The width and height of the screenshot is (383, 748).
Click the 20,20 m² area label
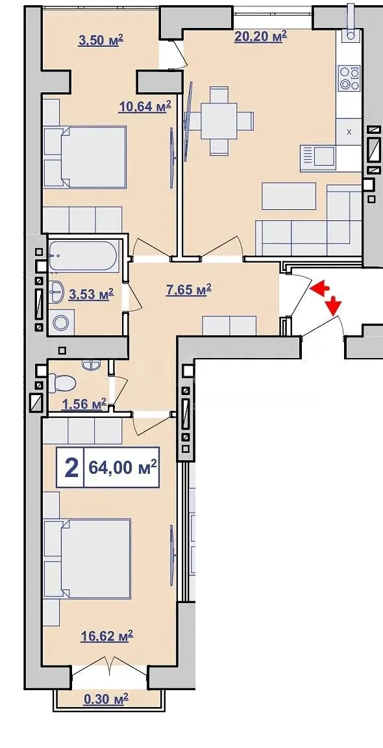pyautogui.click(x=260, y=37)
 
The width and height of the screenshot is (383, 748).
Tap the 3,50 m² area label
pyautogui.click(x=101, y=40)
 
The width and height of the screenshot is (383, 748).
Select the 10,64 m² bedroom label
pyautogui.click(x=145, y=107)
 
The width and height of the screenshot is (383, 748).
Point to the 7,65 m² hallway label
pyautogui.click(x=189, y=289)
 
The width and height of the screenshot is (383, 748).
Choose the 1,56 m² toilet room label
pyautogui.click(x=84, y=404)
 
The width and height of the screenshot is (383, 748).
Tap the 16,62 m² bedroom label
pyautogui.click(x=106, y=636)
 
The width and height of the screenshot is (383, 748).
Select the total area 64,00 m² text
pyautogui.click(x=123, y=467)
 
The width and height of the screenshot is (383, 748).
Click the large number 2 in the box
pyautogui.click(x=71, y=468)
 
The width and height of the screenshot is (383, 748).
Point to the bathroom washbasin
pyautogui.click(x=56, y=291)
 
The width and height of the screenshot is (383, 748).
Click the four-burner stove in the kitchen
pyautogui.click(x=349, y=79)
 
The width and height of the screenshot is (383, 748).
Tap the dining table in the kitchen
pyautogui.click(x=219, y=121)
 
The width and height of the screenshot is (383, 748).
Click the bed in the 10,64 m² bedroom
pyautogui.click(x=85, y=157)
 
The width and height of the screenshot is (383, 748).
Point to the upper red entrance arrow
pyautogui.click(x=321, y=287)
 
